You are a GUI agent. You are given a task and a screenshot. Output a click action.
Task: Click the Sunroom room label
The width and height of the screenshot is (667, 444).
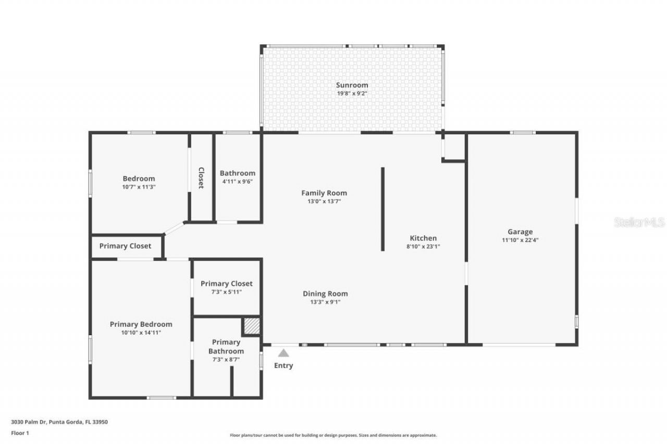pos(352,85)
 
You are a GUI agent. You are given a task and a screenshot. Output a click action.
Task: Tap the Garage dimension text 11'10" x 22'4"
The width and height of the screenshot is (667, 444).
pos(520,240)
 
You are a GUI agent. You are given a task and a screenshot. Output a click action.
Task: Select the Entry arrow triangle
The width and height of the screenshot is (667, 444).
pos(283,353)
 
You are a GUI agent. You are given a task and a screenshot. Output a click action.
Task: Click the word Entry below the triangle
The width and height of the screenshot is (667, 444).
pos(283,365)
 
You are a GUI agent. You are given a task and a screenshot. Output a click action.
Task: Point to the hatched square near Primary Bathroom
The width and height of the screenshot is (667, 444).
pos(252,326)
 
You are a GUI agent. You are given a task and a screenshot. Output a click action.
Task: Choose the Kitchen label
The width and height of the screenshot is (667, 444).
pos(423,238)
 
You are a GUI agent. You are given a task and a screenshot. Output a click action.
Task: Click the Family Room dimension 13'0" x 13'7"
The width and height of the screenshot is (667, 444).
pos(324,201)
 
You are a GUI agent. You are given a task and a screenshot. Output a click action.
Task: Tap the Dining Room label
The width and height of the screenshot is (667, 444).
pos(325,294)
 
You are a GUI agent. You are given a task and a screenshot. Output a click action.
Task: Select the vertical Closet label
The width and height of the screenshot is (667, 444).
pos(201,177)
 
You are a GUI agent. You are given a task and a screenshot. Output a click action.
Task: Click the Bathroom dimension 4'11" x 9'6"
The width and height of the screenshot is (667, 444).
pos(237,181)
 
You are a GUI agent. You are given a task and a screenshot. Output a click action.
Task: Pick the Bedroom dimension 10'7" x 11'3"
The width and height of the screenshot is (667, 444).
pos(139,186)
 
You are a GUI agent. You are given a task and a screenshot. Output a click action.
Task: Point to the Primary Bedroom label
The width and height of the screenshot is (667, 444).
pos(141,324)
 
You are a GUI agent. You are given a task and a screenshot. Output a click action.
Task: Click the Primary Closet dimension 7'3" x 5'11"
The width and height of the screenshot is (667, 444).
pos(226,292)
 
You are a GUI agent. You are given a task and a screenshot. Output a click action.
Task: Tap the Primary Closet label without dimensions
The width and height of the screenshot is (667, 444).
pos(125,246)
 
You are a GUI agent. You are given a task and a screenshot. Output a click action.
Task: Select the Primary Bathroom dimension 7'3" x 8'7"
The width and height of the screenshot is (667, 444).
pos(226,359)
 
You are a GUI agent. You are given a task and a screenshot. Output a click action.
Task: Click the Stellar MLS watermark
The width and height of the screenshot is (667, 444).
pos(639,222)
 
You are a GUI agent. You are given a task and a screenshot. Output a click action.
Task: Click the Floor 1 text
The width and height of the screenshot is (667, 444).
pos(20,433)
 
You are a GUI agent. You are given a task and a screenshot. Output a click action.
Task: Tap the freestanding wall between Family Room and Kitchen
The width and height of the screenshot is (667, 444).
pos(382,209)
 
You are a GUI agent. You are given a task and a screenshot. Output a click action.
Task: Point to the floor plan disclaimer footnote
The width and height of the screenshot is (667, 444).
pos(333,435)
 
